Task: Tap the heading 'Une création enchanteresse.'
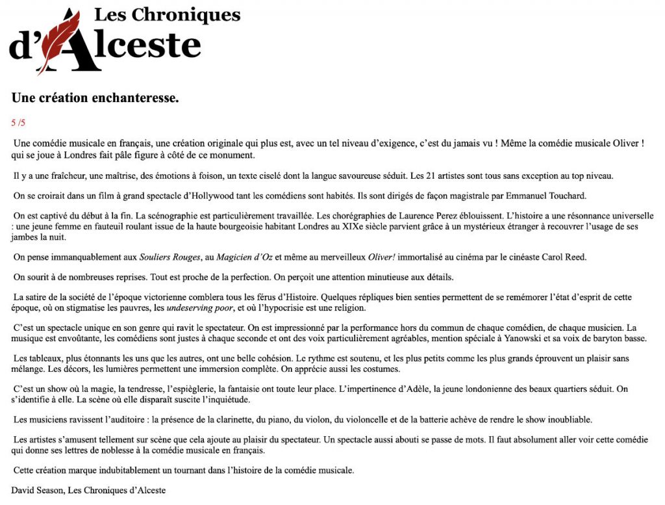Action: click(x=95, y=98)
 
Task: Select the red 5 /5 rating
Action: click(x=18, y=122)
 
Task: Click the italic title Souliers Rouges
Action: click(x=170, y=257)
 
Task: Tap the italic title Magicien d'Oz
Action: click(x=245, y=257)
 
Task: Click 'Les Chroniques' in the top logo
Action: click(x=167, y=14)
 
